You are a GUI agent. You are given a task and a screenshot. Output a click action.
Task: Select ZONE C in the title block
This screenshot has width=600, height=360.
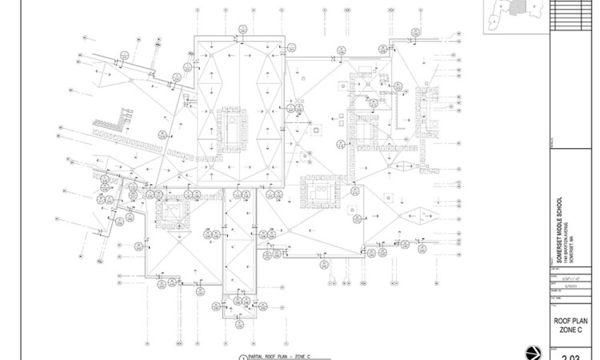[571, 330]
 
